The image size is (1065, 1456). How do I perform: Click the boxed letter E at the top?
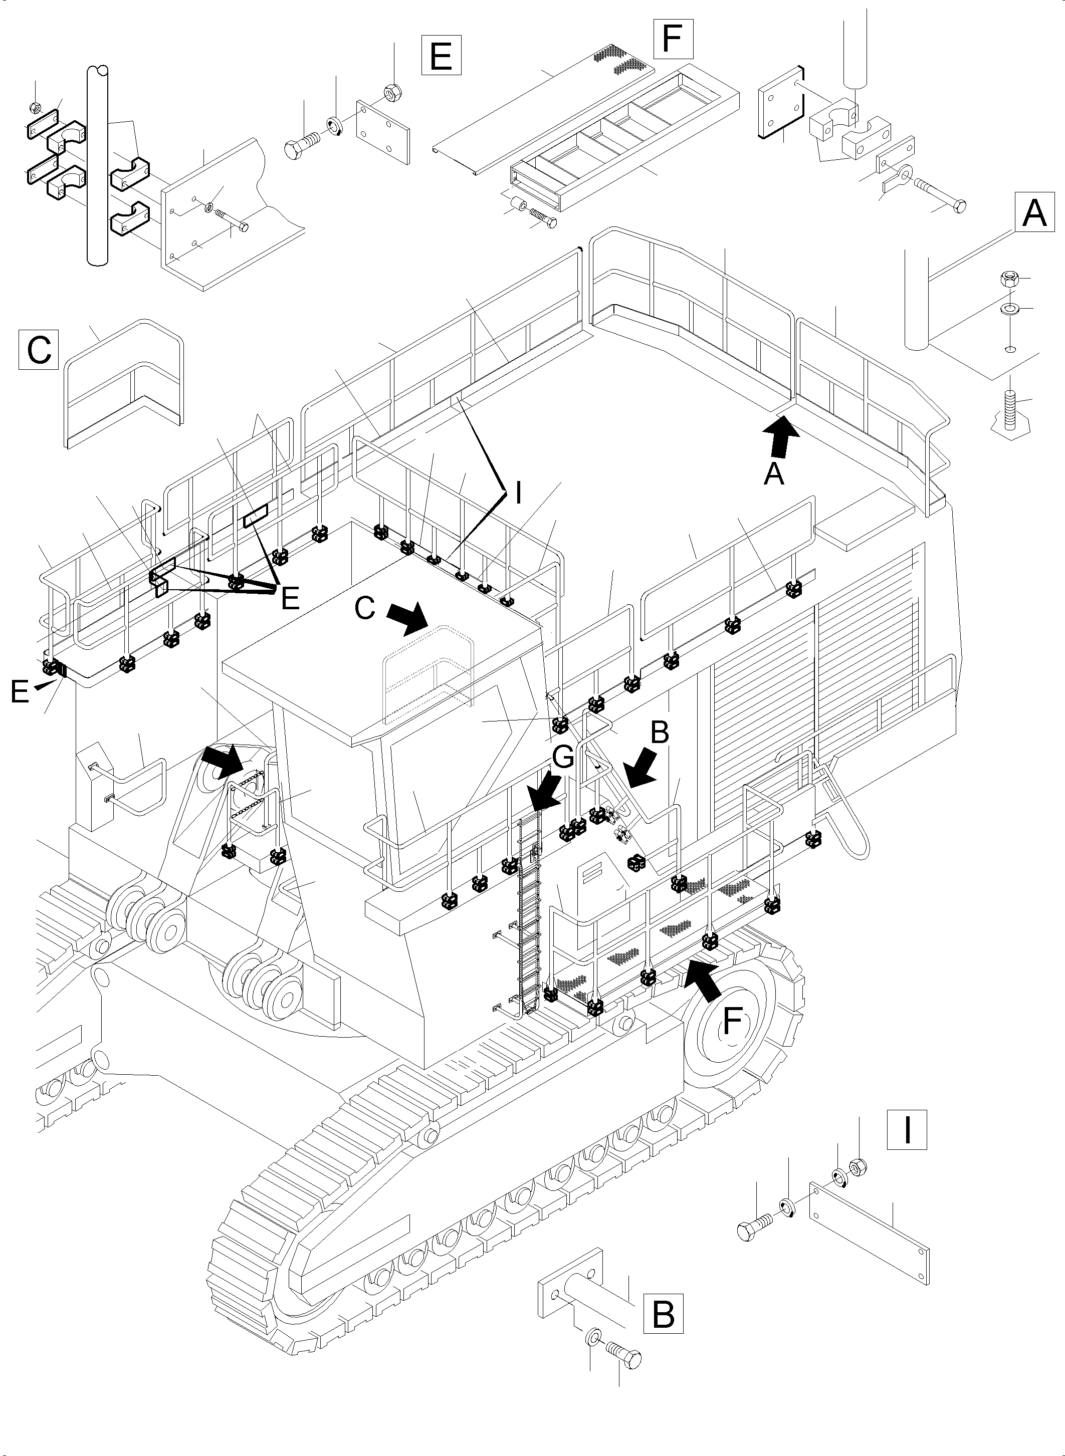click(x=441, y=56)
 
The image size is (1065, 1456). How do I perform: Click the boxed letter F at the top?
click(x=673, y=39)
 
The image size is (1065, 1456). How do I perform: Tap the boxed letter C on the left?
click(x=39, y=349)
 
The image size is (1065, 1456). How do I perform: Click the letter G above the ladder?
click(x=563, y=758)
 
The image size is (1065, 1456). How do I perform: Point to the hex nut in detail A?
click(x=1008, y=280)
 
